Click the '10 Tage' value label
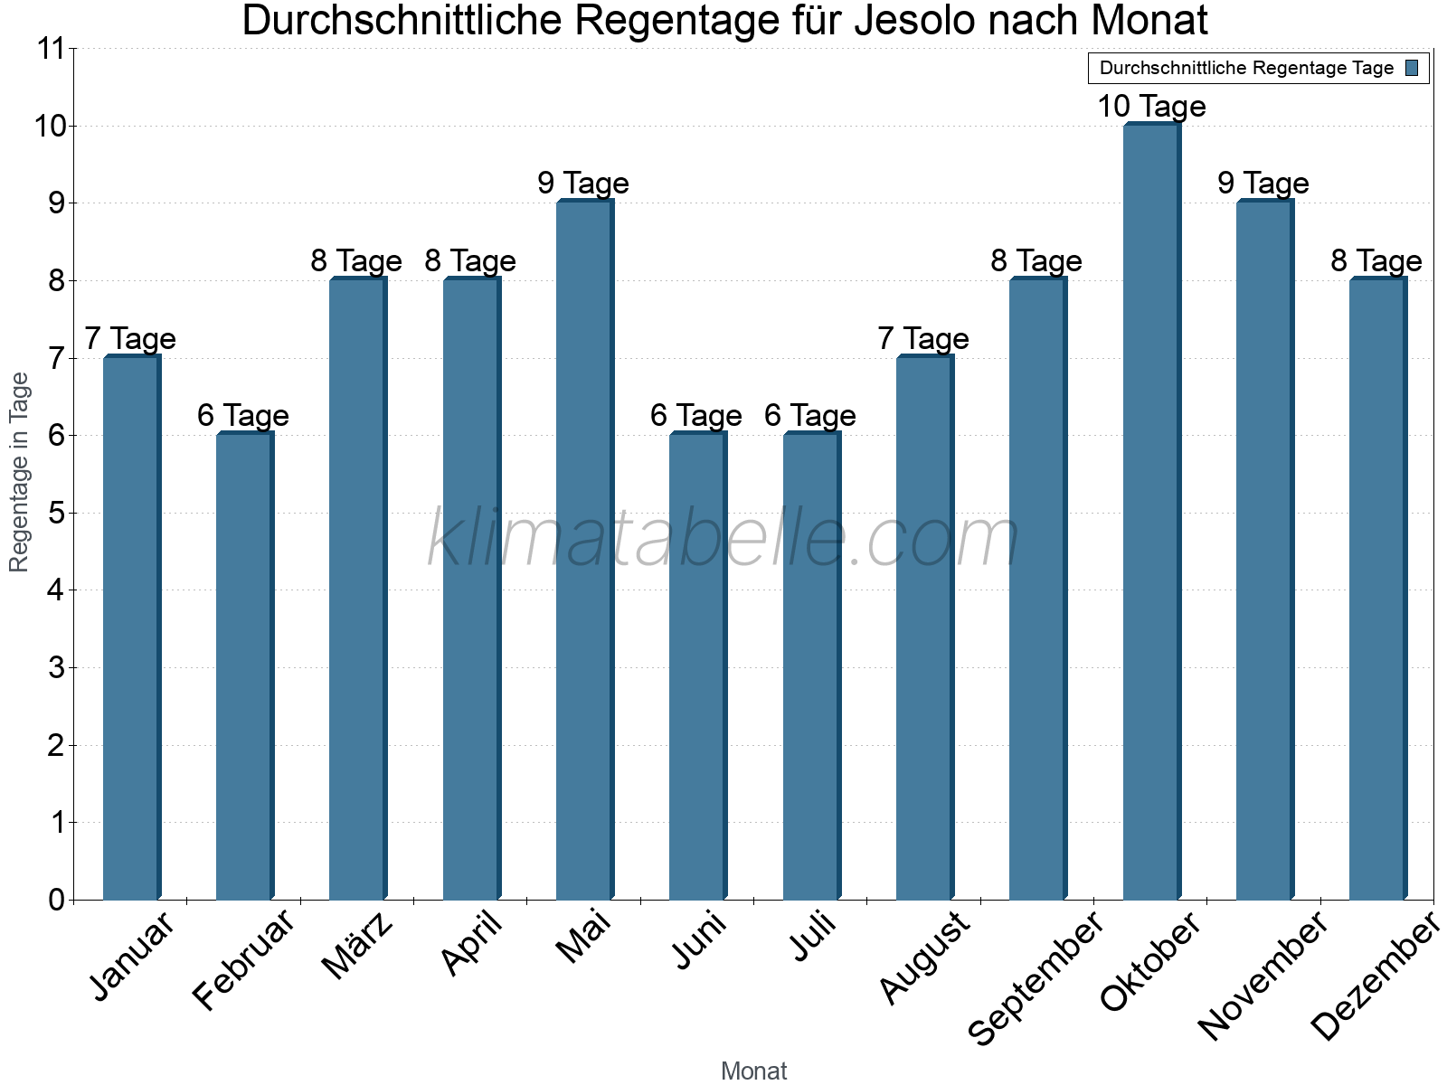[x=1151, y=107]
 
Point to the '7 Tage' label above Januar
[x=130, y=339]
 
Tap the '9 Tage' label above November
[x=1263, y=184]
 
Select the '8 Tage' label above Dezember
[x=1376, y=261]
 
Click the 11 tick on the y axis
[x=52, y=49]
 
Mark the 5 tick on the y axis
[x=56, y=514]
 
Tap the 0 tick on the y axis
[x=56, y=901]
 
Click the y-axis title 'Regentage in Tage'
[x=19, y=472]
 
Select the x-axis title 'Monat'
[x=753, y=1071]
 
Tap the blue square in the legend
[x=1413, y=68]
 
